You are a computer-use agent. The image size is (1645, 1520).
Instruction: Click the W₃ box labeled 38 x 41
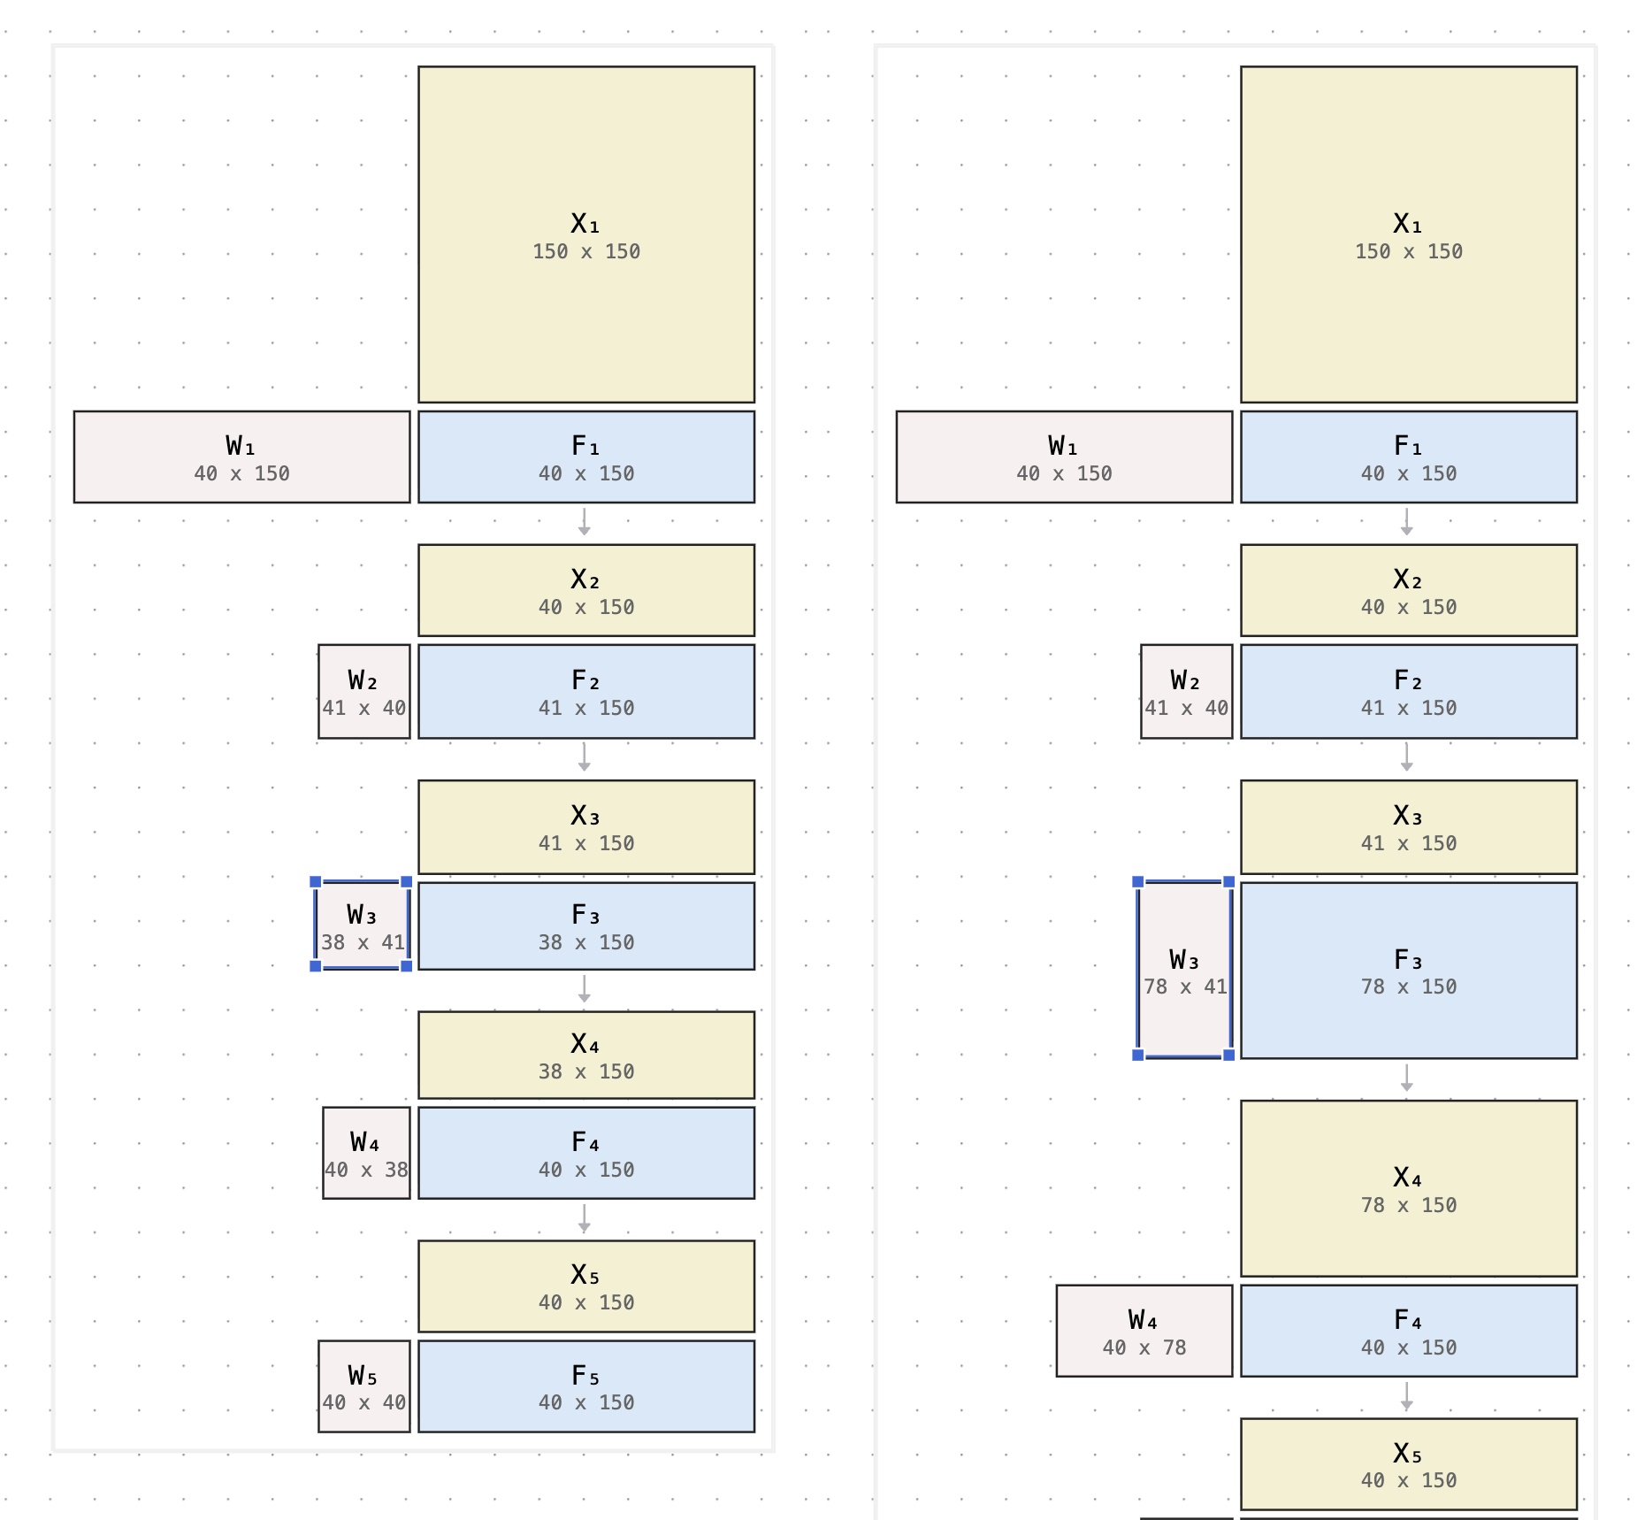pyautogui.click(x=362, y=925)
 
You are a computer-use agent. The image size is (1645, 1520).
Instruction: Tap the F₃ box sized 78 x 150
pyautogui.click(x=1408, y=971)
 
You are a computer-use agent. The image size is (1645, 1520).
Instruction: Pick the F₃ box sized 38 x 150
pyautogui.click(x=585, y=925)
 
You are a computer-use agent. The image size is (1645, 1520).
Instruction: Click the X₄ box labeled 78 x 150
pyautogui.click(x=1408, y=1188)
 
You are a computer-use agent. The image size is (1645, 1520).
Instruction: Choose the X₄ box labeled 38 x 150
pyautogui.click(x=585, y=1055)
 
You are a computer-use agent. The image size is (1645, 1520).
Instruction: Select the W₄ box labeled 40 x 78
pyautogui.click(x=1144, y=1331)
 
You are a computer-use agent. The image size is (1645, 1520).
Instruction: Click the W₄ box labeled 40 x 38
pyautogui.click(x=366, y=1153)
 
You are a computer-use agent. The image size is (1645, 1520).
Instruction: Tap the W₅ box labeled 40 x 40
pyautogui.click(x=363, y=1386)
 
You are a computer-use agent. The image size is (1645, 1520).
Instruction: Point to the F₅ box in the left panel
pyautogui.click(x=585, y=1386)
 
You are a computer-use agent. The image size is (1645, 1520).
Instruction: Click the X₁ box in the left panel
pyautogui.click(x=585, y=234)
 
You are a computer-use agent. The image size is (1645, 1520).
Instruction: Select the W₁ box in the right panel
pyautogui.click(x=1063, y=457)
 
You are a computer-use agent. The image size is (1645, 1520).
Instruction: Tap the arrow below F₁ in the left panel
pyautogui.click(x=584, y=522)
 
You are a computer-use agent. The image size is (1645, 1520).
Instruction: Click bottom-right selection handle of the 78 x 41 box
pyautogui.click(x=1228, y=1055)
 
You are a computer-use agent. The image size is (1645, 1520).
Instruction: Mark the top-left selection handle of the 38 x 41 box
pyautogui.click(x=316, y=881)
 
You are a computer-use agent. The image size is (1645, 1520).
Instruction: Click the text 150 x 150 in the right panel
pyautogui.click(x=1408, y=251)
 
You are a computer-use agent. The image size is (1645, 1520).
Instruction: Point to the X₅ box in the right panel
pyautogui.click(x=1408, y=1464)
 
